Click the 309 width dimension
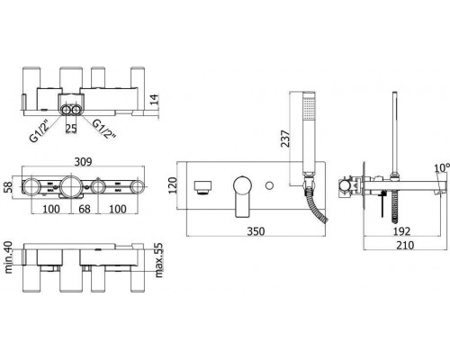click(x=83, y=162)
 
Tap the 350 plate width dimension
click(x=256, y=231)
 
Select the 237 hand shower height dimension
click(x=285, y=139)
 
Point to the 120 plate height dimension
click(x=173, y=185)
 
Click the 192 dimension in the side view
click(x=401, y=231)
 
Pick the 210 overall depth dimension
click(x=405, y=245)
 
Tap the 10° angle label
click(x=442, y=168)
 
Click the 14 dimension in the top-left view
click(x=154, y=99)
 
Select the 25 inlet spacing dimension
click(x=71, y=129)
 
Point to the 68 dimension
click(x=85, y=209)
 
